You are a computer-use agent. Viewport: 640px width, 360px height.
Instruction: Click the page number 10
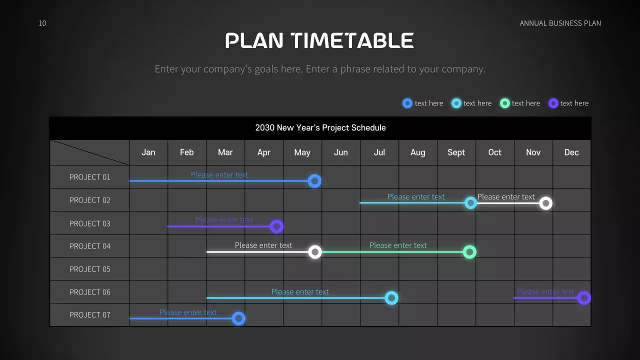[42, 23]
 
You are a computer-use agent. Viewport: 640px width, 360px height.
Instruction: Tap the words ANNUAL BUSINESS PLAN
[560, 23]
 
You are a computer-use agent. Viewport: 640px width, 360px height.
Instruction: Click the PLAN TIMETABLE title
[319, 40]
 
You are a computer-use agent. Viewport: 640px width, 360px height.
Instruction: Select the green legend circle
[505, 103]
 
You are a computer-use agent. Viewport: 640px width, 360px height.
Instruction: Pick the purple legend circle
[553, 103]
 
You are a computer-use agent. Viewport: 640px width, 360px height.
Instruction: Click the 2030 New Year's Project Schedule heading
[320, 127]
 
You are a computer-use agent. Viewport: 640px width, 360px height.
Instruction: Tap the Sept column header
[456, 152]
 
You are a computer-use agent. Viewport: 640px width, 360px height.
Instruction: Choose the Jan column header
[148, 152]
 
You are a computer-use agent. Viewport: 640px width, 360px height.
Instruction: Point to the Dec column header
[571, 152]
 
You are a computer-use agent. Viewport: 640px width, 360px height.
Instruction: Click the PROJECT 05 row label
[89, 269]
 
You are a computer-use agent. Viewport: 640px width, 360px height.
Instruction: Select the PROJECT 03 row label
[89, 223]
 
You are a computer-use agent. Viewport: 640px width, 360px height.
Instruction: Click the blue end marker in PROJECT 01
[314, 181]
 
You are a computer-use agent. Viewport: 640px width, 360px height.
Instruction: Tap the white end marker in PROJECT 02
[545, 203]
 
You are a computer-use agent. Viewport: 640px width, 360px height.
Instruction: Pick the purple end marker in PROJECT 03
[276, 226]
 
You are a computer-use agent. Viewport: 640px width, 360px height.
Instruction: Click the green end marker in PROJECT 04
[469, 252]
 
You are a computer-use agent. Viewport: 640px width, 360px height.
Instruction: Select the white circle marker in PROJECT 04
[315, 252]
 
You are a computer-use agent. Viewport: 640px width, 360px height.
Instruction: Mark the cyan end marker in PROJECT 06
[391, 298]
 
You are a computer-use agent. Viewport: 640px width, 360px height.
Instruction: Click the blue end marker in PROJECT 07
[238, 318]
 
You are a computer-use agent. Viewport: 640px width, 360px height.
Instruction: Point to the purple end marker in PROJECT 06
[584, 298]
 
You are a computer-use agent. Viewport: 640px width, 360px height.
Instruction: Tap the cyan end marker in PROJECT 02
[470, 203]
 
